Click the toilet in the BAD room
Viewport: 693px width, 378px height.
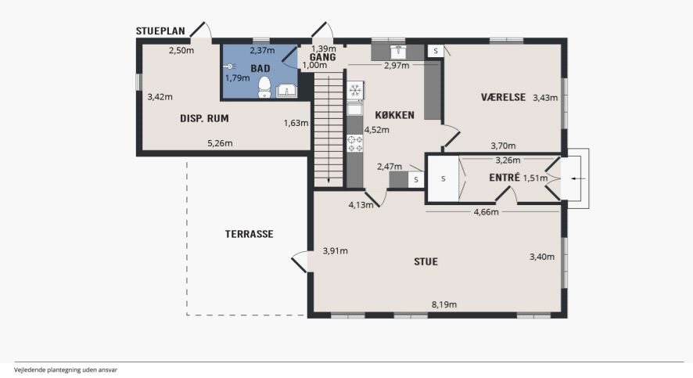[264, 87]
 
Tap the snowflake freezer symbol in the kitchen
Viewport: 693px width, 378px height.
[354, 91]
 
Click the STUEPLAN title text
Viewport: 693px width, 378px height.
[161, 31]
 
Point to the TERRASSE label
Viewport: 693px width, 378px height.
[250, 234]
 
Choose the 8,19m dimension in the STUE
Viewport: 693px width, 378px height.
[444, 304]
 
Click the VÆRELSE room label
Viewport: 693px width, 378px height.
[504, 97]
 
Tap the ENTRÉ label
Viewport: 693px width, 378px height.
[504, 178]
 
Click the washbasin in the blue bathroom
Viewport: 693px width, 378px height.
[287, 91]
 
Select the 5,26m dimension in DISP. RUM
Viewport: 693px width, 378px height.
[220, 143]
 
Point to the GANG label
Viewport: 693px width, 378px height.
[322, 57]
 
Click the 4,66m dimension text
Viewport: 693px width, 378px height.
[487, 212]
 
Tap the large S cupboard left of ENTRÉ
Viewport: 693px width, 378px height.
[443, 178]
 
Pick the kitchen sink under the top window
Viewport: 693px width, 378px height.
[400, 52]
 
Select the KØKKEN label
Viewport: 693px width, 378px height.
[395, 115]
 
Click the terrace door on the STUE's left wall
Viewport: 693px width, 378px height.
[300, 260]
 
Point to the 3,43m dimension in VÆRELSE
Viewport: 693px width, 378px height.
[545, 98]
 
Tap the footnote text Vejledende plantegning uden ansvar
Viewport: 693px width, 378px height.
[66, 370]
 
